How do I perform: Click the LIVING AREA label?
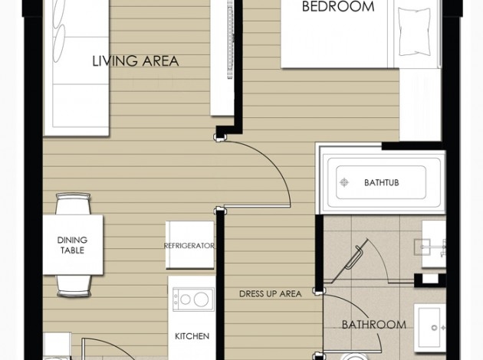point(136,61)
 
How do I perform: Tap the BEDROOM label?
point(338,6)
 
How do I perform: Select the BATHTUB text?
point(381,182)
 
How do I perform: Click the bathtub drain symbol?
point(344,182)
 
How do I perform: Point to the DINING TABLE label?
point(72,245)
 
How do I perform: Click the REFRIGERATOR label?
point(189,246)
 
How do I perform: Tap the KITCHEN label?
point(192,336)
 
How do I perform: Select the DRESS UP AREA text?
point(270,294)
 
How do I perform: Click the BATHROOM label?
point(374,325)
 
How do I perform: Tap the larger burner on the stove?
point(201,299)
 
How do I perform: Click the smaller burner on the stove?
point(186,299)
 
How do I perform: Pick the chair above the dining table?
point(73,204)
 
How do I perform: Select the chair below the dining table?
point(74,286)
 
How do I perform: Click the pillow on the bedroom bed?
point(414,31)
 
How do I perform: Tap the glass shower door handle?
point(353,257)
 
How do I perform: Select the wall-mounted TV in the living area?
point(230,39)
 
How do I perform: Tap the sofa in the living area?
point(77,67)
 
